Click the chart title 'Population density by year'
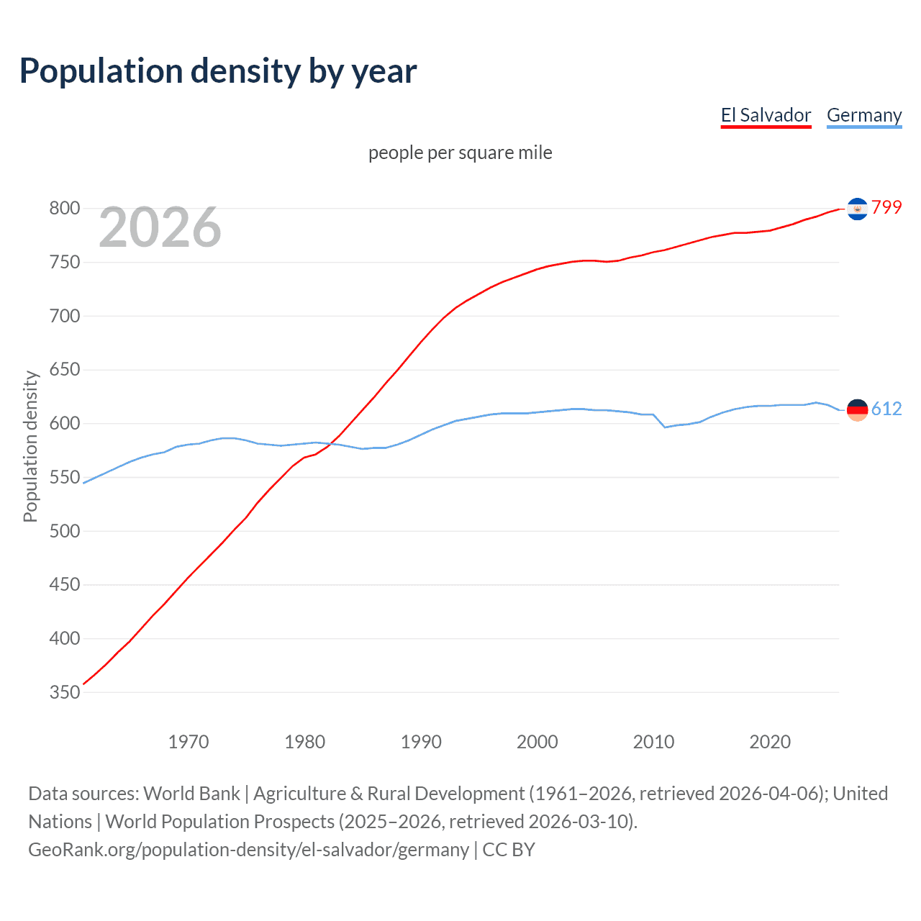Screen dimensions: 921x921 coord(218,71)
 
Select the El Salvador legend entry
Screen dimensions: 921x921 coord(766,115)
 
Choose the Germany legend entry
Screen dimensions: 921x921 coord(863,115)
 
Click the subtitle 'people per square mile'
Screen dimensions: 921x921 coord(460,153)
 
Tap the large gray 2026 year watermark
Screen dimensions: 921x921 coord(160,227)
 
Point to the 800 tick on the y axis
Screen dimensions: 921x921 coord(64,209)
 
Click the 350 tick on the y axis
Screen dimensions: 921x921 coord(64,692)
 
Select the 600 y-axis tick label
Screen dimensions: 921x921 coord(64,424)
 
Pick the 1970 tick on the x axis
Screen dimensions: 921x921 coord(189,742)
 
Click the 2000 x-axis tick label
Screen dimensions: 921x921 coord(537,742)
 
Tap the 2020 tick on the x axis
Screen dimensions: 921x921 coord(770,742)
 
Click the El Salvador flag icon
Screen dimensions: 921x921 coord(857,209)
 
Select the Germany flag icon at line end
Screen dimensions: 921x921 coord(857,410)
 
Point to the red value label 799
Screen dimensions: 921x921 coord(886,208)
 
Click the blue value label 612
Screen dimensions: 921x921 coord(886,409)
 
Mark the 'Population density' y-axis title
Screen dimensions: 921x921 coord(30,446)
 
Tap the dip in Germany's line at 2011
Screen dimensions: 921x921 coord(665,427)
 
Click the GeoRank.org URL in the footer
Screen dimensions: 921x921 coord(248,850)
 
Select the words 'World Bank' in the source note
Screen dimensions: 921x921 coord(191,794)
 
